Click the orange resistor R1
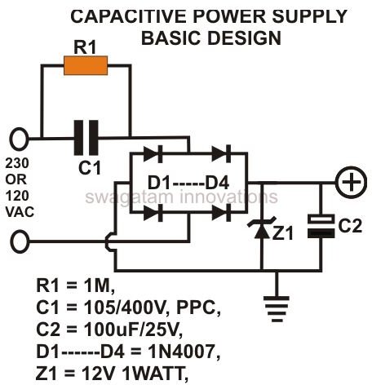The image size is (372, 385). pos(86,65)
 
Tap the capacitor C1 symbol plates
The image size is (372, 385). pos(86,138)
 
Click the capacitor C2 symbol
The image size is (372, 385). pos(321,226)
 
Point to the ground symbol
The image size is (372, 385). pos(277,309)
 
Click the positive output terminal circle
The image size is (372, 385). pos(352,182)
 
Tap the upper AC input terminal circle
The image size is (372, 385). pos(19,139)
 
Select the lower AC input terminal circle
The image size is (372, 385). pos(20,241)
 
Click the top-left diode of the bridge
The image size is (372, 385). pos(153,154)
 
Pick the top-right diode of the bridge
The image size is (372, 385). pos(221,154)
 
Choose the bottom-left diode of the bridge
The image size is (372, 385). pos(153,213)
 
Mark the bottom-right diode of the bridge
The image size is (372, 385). pos(221,213)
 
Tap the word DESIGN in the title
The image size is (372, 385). pos(245,38)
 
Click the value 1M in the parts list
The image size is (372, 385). pos(100,285)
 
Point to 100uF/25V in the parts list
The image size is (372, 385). pos(133,330)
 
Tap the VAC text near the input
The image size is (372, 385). pos(20,212)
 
